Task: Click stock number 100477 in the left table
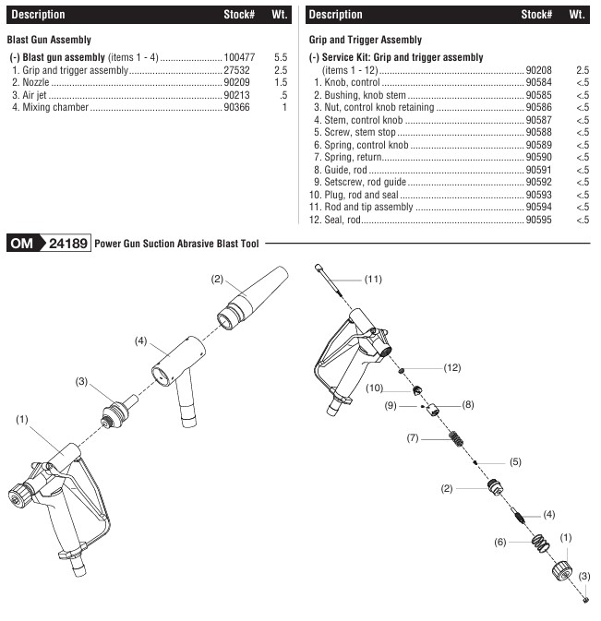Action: point(239,57)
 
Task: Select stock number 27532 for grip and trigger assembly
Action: point(236,70)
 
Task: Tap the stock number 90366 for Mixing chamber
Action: point(236,108)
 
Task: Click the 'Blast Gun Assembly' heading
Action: point(50,40)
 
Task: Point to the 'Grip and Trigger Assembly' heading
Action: point(365,40)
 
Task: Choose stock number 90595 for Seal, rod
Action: point(538,220)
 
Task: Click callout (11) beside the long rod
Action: point(373,279)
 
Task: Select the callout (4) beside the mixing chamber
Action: point(141,340)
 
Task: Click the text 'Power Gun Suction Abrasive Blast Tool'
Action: point(178,245)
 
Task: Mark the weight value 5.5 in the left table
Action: point(281,57)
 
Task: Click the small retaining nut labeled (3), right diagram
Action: point(585,601)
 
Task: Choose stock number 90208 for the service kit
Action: point(538,70)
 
